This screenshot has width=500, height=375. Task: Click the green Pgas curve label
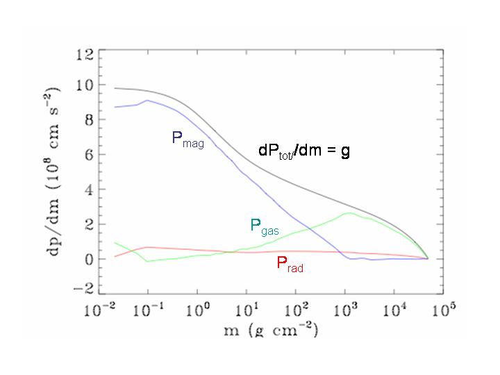click(264, 226)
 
